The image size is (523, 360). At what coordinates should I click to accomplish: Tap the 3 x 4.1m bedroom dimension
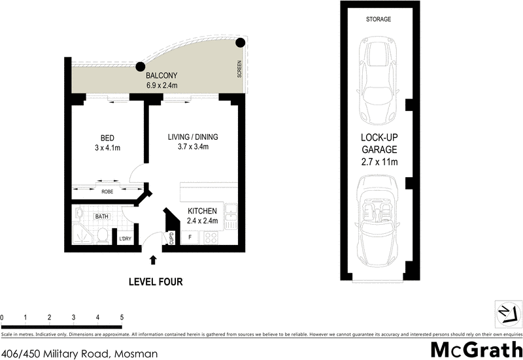(107, 148)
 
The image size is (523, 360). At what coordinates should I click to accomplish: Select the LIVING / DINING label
(193, 137)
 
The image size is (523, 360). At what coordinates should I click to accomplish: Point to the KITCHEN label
(203, 211)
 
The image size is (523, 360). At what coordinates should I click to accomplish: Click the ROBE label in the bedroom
(107, 192)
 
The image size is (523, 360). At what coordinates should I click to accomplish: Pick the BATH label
(101, 216)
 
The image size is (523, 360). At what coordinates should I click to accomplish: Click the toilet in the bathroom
(103, 236)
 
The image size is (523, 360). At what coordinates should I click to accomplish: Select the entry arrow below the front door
(153, 260)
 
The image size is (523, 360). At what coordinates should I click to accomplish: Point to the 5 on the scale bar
(122, 317)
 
